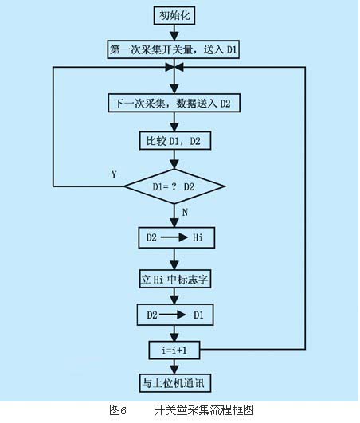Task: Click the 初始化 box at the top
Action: pos(174,16)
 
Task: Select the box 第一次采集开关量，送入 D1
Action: pos(174,49)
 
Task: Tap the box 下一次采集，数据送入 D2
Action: pos(174,103)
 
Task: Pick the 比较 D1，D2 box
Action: pos(174,140)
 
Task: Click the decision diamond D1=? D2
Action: pos(174,186)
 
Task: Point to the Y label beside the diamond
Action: pos(114,174)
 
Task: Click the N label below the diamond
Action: pos(185,213)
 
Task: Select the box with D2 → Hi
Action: pos(176,237)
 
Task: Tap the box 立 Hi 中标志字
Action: pos(174,279)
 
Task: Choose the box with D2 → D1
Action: pos(175,315)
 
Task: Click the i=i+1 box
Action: pos(174,351)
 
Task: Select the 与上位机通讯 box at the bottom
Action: pos(174,383)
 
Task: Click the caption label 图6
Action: pos(118,410)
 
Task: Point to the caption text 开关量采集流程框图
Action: pos(204,410)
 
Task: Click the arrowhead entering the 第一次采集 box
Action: pos(174,36)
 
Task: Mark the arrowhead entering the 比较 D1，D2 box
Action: pos(174,127)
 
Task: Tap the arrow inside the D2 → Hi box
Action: pos(174,237)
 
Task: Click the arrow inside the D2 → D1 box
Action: pos(173,315)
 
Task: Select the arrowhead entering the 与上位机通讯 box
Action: pos(174,370)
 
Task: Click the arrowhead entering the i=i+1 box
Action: pos(174,338)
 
